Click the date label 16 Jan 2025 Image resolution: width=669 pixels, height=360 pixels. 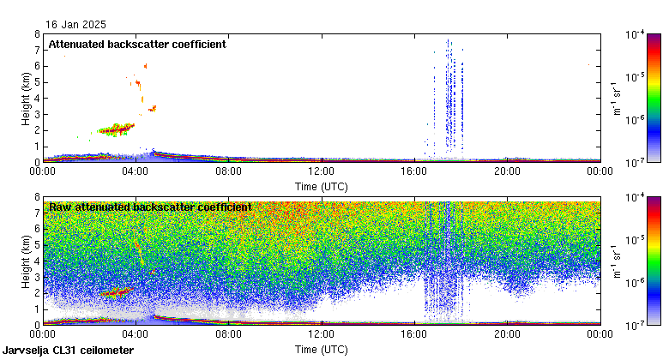click(78, 26)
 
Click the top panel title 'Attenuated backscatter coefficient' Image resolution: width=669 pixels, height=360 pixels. click(137, 45)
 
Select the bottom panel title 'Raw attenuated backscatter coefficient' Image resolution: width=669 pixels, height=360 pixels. click(150, 207)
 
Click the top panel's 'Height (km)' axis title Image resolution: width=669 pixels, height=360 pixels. click(27, 98)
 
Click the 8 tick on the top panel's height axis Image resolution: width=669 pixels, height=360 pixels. click(37, 34)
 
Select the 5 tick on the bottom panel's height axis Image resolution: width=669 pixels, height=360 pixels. click(37, 245)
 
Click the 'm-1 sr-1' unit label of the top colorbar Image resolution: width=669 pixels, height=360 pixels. click(616, 98)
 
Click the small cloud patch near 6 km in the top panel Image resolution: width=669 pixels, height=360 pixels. click(145, 65)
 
